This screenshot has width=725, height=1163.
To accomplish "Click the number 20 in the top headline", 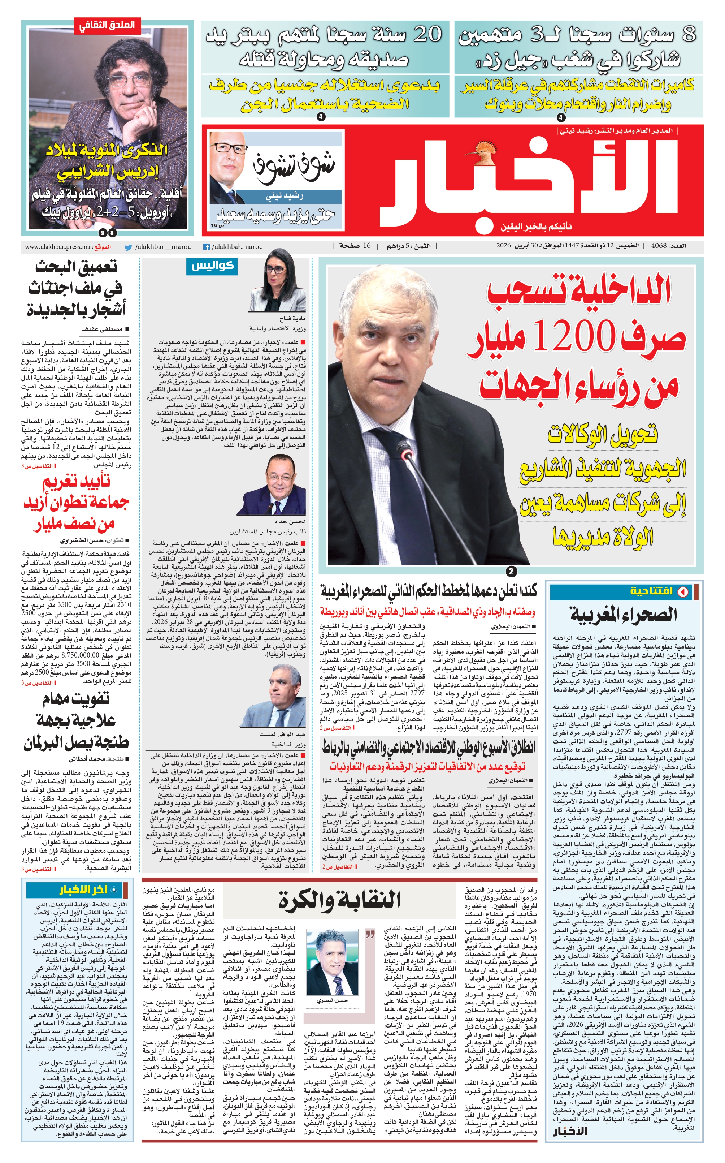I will tap(427, 35).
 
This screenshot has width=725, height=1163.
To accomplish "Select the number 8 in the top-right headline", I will tap(689, 35).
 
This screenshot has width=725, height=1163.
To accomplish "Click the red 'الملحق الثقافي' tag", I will tap(107, 25).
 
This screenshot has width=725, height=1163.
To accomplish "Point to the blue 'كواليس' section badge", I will tap(212, 266).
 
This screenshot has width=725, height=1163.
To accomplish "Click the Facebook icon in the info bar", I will tap(207, 247).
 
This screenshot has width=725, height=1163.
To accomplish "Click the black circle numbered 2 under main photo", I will tap(512, 571).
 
